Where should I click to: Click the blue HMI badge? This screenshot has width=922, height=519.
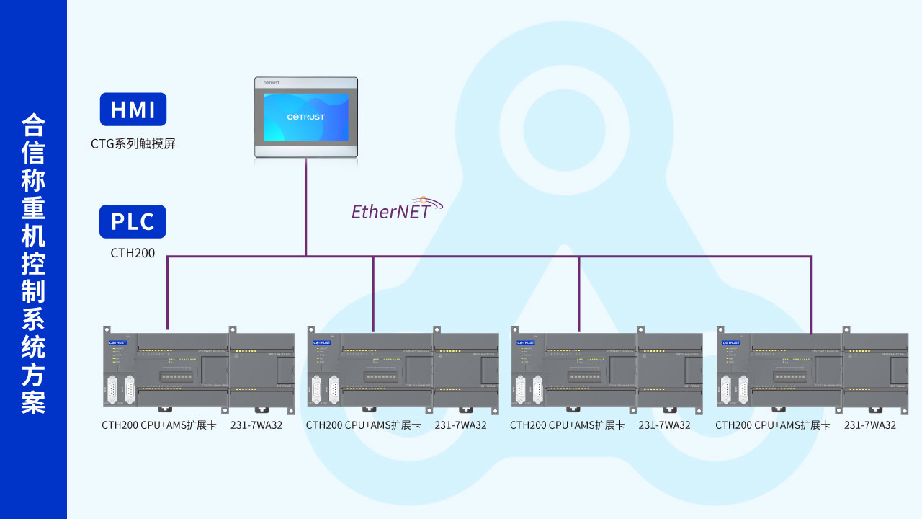pyautogui.click(x=133, y=110)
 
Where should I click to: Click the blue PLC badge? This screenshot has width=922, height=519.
pyautogui.click(x=133, y=222)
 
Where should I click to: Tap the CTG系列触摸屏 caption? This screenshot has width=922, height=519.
pyautogui.click(x=133, y=143)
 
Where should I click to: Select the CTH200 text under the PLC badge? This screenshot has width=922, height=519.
pyautogui.click(x=133, y=253)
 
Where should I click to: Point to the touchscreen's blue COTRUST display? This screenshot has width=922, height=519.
pyautogui.click(x=305, y=117)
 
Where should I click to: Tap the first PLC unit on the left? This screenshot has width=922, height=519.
pyautogui.click(x=198, y=371)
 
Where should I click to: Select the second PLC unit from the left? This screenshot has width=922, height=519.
pyautogui.click(x=403, y=371)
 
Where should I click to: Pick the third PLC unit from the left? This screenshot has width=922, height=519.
pyautogui.click(x=607, y=371)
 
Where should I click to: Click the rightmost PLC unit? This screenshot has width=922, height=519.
pyautogui.click(x=813, y=371)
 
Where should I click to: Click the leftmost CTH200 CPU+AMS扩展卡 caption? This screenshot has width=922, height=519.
pyautogui.click(x=159, y=425)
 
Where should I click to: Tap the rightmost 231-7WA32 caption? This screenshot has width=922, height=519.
pyautogui.click(x=870, y=425)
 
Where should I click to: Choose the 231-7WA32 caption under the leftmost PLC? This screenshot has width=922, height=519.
pyautogui.click(x=256, y=425)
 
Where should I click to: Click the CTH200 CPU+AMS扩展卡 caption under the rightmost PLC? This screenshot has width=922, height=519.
pyautogui.click(x=773, y=425)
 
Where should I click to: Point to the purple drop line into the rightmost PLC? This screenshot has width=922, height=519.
pyautogui.click(x=811, y=296)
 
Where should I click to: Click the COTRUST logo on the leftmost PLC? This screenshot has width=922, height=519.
pyautogui.click(x=117, y=342)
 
